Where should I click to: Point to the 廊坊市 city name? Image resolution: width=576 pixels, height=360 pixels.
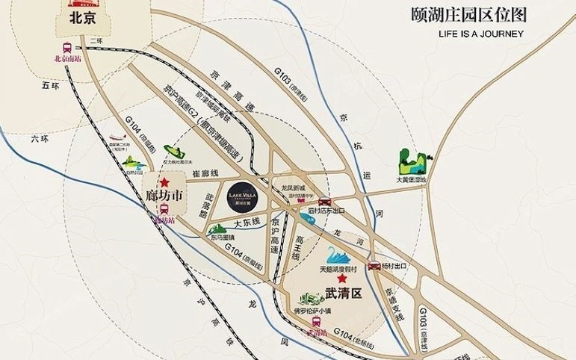coord(164,196)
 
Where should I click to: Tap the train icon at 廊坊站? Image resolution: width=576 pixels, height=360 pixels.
coord(164,210)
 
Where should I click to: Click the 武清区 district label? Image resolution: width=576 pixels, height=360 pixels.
coord(341,294)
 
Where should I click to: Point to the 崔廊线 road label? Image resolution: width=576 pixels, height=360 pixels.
coord(205,173)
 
